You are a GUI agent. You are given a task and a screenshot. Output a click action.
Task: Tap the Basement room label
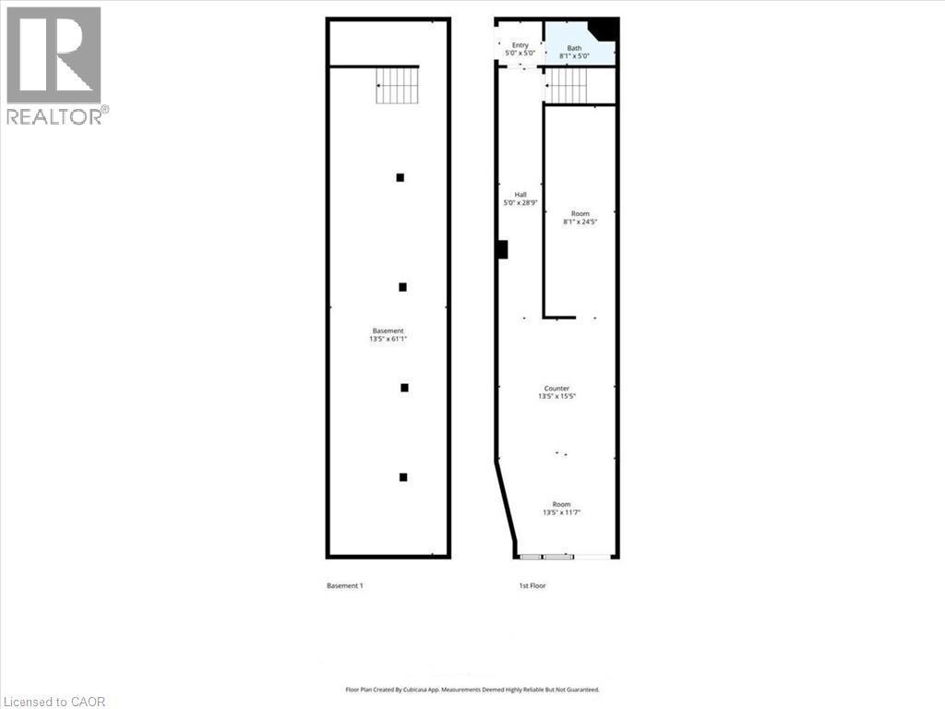pos(389,331)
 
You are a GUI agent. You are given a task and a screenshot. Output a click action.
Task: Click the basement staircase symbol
pos(397,85)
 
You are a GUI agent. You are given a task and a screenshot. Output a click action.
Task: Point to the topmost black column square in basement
pos(401,177)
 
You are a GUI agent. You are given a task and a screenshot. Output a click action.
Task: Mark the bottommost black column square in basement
pos(403,477)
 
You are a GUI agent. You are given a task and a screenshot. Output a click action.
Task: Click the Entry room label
pos(520,45)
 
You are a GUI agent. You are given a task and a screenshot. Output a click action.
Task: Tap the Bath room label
pos(574,48)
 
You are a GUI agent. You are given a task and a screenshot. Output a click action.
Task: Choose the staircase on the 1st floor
pos(566,86)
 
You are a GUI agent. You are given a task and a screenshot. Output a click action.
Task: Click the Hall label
pos(520,195)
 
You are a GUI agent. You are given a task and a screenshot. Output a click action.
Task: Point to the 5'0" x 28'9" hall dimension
pos(520,203)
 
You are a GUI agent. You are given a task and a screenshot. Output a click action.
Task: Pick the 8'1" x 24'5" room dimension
pos(580,222)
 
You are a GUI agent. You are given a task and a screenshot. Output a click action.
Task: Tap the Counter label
pos(556,389)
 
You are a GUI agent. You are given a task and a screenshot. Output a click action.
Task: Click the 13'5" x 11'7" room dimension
pos(562,512)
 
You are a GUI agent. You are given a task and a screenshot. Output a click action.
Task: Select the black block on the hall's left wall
pos(502,249)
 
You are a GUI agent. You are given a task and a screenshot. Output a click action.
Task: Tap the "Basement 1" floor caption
pos(345,585)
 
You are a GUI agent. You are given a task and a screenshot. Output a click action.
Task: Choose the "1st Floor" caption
pos(532,585)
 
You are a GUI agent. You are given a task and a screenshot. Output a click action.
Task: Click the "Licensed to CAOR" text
pos(53,702)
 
